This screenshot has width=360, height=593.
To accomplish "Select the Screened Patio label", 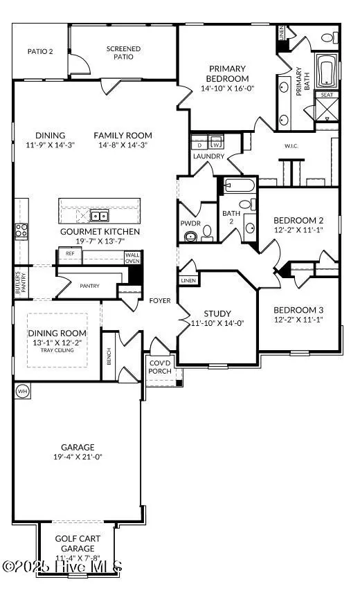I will tap(123, 53).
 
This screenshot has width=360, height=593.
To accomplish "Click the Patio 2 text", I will tap(40, 51).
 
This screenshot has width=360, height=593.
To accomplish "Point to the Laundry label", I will tap(208, 156).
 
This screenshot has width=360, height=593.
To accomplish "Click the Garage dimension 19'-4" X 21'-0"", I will tap(78, 457).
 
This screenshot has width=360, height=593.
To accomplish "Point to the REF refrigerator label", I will tap(70, 254).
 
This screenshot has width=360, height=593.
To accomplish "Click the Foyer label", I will tap(159, 301).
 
